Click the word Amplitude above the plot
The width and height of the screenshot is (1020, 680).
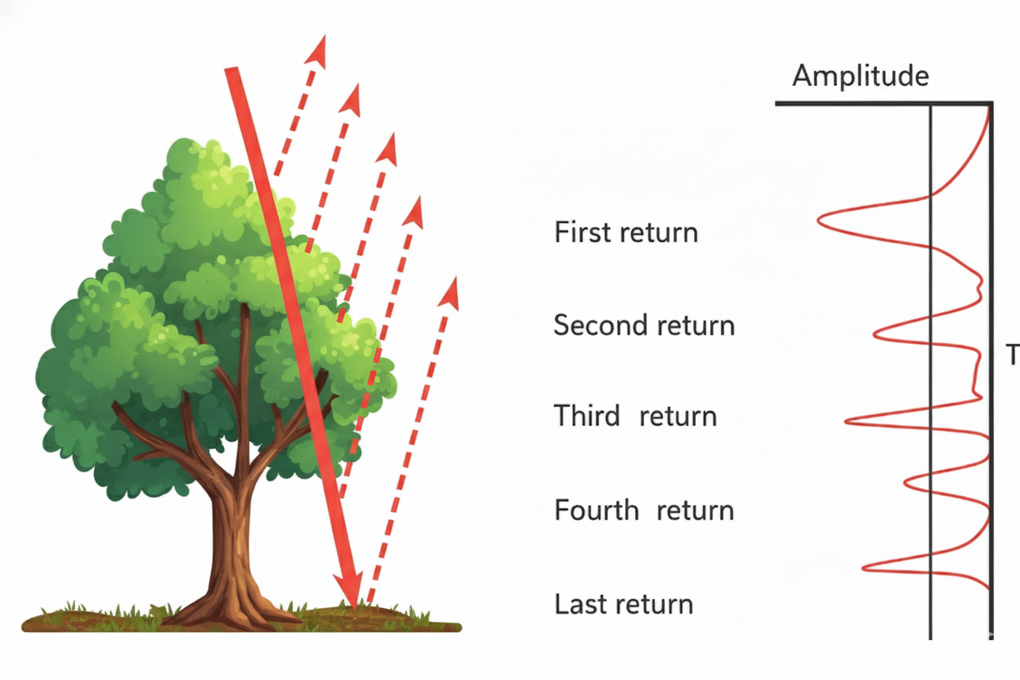tap(861, 76)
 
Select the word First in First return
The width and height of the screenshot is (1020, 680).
tap(582, 232)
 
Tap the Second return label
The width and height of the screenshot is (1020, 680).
tap(644, 325)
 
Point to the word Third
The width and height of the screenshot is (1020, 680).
tap(587, 416)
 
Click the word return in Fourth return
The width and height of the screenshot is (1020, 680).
tap(695, 511)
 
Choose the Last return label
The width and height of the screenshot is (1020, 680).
tap(624, 605)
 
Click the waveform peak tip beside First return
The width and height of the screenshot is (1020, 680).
tap(821, 219)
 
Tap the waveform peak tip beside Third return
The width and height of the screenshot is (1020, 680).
tap(848, 420)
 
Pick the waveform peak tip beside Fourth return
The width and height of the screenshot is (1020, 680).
tap(906, 482)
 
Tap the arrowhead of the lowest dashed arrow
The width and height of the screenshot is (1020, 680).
tap(450, 292)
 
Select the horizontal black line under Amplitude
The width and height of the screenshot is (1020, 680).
tap(883, 104)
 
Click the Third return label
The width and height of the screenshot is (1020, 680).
tap(635, 416)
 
